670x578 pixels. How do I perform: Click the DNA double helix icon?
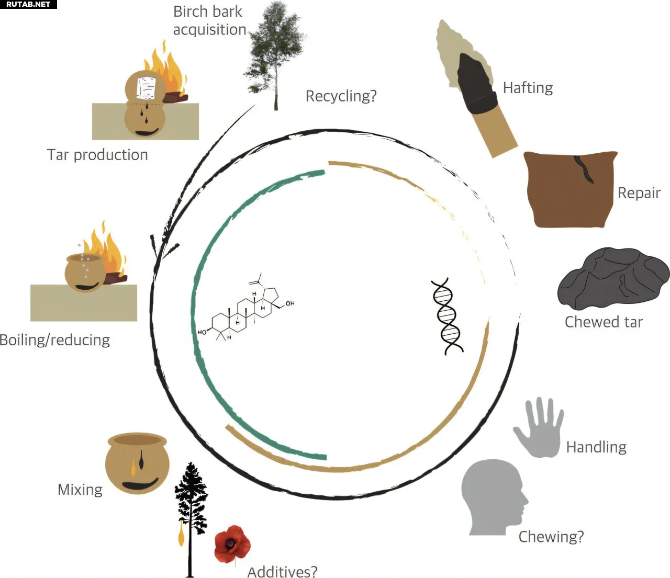click(447, 316)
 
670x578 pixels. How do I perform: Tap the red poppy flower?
click(232, 544)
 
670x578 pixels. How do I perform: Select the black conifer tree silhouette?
click(191, 513)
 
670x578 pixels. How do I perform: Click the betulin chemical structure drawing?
click(246, 311)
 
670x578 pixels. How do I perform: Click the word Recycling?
click(341, 96)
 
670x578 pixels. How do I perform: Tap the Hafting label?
click(528, 88)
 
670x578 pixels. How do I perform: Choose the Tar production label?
click(97, 155)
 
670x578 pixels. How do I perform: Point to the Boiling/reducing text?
click(55, 340)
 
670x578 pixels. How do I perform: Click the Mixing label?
click(80, 490)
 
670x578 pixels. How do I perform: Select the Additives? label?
click(282, 572)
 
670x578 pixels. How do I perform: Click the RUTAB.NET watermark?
click(28, 4)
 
